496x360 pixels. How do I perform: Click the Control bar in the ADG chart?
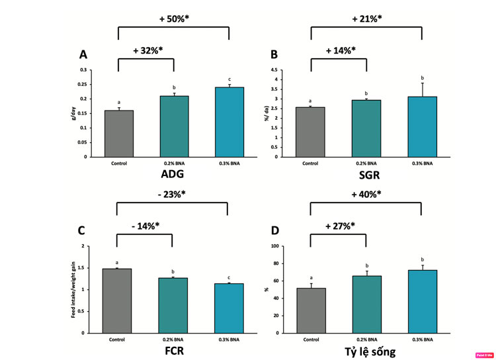[119, 133]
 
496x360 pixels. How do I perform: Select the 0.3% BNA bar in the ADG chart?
[228, 122]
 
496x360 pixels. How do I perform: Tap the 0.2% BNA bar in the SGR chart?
[366, 128]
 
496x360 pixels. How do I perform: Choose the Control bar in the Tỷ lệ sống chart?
[310, 310]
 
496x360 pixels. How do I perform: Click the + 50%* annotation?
[175, 19]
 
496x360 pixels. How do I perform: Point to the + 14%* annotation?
[341, 50]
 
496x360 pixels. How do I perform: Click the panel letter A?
[83, 54]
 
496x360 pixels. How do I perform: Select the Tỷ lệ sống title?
[365, 351]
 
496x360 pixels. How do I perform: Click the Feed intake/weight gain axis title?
[73, 289]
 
